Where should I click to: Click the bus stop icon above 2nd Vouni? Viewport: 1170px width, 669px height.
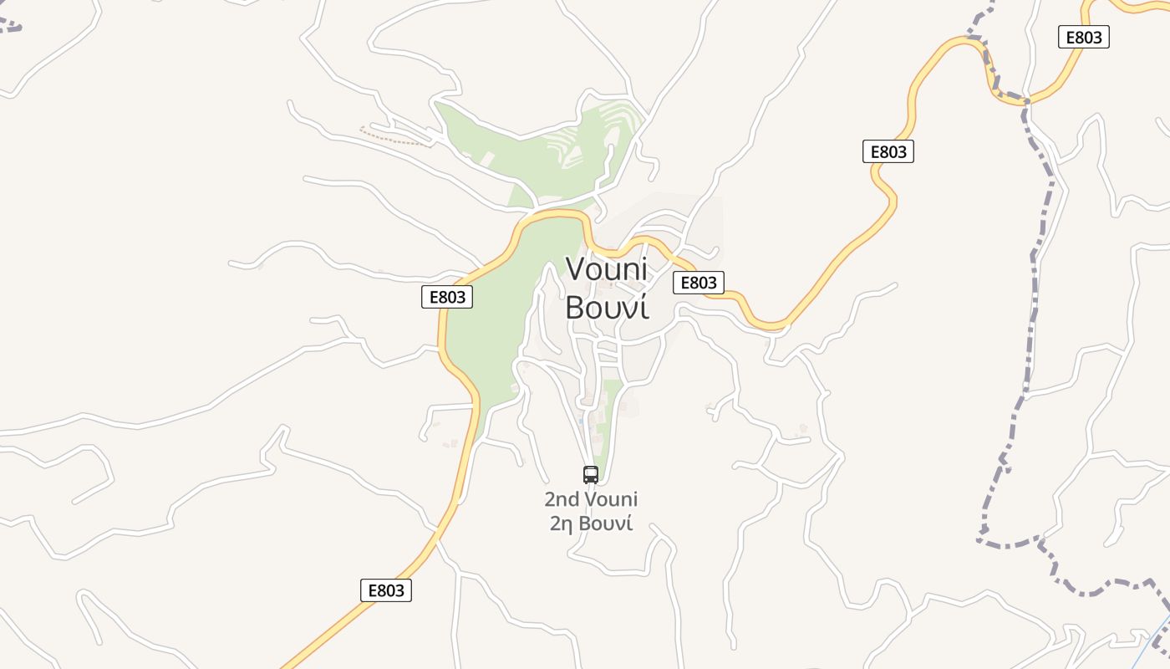click(x=591, y=475)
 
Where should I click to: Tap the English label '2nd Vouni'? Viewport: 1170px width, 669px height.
click(x=591, y=499)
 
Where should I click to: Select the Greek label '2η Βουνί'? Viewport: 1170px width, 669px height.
click(x=591, y=524)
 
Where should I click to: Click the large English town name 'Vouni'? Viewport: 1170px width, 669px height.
click(x=607, y=268)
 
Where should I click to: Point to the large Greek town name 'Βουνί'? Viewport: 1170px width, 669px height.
click(x=607, y=308)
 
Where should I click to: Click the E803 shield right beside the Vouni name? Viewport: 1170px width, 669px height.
click(x=699, y=283)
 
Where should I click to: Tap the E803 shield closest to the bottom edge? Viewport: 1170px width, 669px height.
click(x=386, y=590)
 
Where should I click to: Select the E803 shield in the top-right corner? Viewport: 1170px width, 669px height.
click(x=1084, y=37)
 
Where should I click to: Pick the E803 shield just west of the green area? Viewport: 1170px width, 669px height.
click(x=447, y=297)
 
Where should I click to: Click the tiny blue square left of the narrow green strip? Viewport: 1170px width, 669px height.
click(x=580, y=421)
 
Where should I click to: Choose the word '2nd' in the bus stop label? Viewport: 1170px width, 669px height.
click(x=562, y=499)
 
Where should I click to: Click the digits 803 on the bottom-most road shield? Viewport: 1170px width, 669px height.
click(x=392, y=590)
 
